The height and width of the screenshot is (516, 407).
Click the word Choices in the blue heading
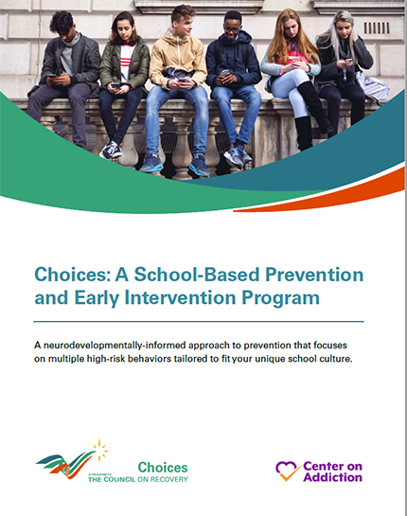[68, 276]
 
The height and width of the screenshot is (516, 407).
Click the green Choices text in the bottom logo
[163, 467]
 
